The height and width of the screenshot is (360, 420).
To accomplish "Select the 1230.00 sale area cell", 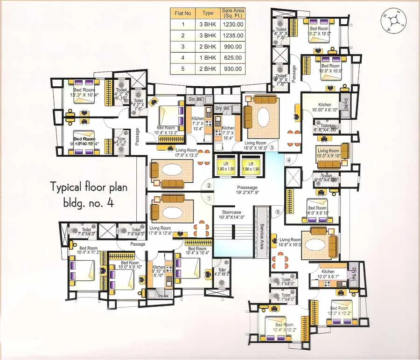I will (233, 25).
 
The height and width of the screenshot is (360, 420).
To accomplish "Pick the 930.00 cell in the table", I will (233, 69).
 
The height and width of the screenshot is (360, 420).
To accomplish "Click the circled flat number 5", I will (278, 212).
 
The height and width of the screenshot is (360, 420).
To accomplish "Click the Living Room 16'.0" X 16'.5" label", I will (255, 145).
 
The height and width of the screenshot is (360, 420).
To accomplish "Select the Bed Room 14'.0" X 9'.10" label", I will (317, 211).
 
